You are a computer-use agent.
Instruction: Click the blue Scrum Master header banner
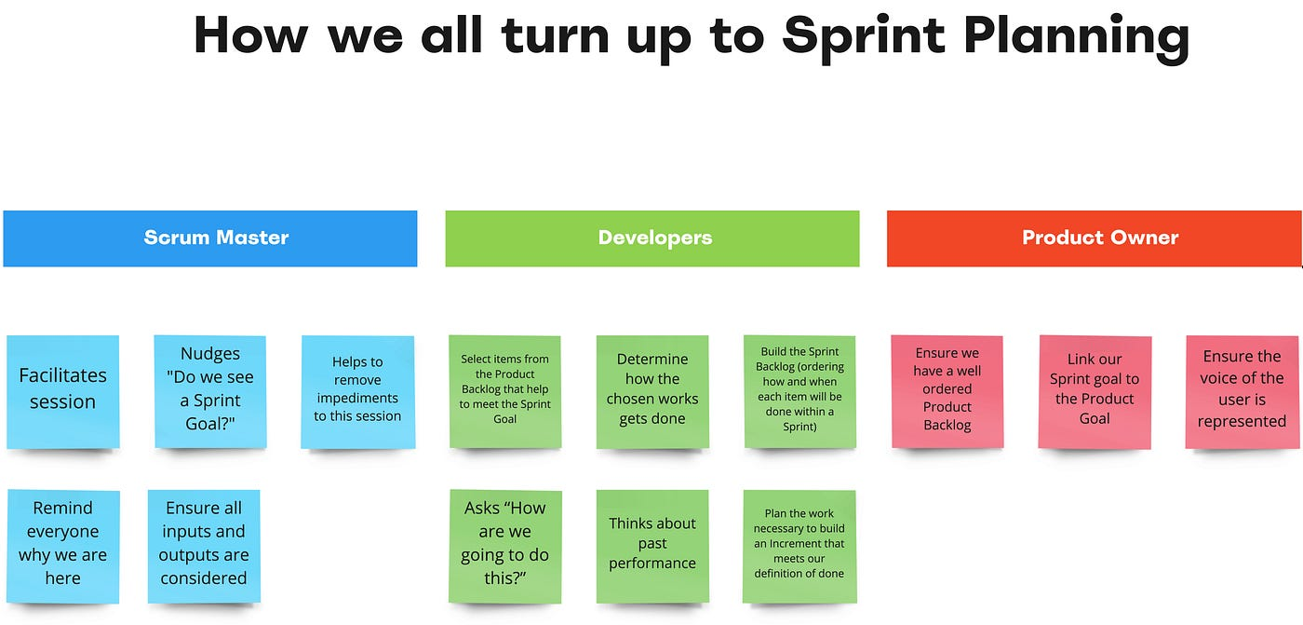point(210,238)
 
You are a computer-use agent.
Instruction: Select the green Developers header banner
point(652,238)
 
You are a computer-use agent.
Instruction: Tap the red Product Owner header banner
point(1094,238)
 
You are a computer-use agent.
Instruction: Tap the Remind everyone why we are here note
point(63,544)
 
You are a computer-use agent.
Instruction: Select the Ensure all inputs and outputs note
point(204,544)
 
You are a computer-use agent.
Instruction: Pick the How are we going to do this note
point(505,544)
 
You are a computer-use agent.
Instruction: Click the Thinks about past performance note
point(652,544)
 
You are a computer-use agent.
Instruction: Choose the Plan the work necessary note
point(799,544)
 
